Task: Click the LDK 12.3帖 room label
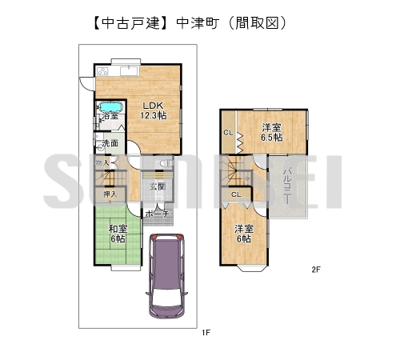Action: pos(154,110)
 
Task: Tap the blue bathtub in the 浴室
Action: pos(110,106)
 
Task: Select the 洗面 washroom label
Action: pos(110,144)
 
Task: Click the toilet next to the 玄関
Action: pos(164,163)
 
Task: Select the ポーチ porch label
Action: pos(157,214)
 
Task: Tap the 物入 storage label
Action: pos(102,164)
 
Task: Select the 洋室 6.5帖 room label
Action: pos(272,132)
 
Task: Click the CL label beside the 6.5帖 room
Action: pos(228,133)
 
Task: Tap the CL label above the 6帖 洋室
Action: pos(236,194)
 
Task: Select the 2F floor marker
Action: pos(316,270)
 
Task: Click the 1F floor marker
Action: pos(205,332)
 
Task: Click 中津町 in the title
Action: pos(197,23)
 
